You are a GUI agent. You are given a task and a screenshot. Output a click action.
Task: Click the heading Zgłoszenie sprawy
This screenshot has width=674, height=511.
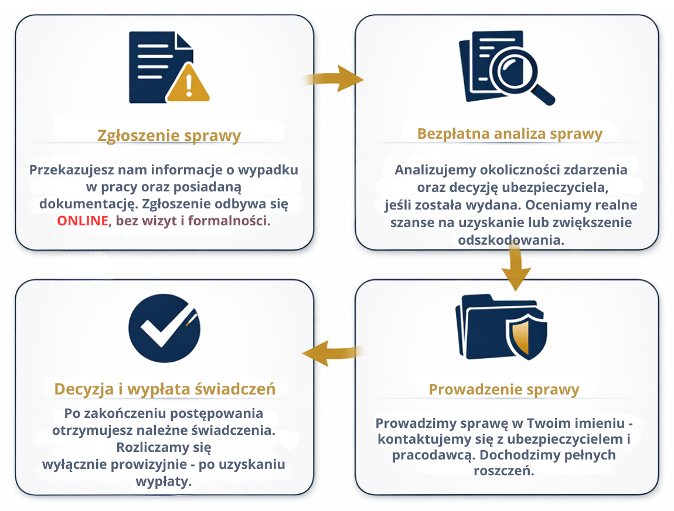click(169, 136)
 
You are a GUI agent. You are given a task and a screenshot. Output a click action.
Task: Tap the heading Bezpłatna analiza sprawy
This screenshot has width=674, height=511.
click(509, 133)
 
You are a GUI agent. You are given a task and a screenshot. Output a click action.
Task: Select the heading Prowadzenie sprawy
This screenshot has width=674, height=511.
click(504, 389)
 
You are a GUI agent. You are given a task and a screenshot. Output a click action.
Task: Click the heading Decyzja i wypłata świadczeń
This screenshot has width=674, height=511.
click(165, 389)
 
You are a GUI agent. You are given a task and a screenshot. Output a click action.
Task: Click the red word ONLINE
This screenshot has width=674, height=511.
click(83, 221)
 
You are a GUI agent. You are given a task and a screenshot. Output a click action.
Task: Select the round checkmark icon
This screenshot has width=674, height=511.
click(164, 328)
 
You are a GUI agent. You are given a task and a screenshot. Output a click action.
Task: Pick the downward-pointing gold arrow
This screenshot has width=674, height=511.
click(516, 268)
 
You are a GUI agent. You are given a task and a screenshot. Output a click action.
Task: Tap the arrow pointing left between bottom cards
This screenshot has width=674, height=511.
click(331, 352)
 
